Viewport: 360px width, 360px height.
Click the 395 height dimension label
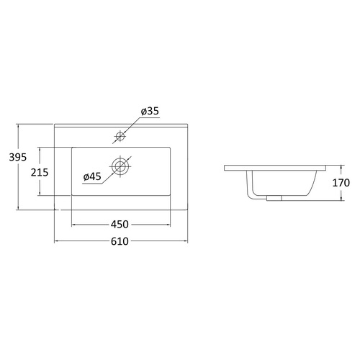point(18,157)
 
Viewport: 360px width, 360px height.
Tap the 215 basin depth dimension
point(40,172)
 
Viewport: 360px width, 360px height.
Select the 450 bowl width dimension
point(120,225)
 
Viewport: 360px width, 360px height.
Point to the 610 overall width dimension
point(120,241)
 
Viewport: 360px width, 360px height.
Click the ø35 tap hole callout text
point(150,111)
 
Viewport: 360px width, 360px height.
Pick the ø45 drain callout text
point(92,177)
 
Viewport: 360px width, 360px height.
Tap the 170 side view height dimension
point(341,183)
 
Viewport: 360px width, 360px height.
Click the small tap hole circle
point(120,136)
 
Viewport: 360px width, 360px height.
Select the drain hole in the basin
point(120,166)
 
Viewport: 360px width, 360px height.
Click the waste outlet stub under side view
point(274,198)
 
